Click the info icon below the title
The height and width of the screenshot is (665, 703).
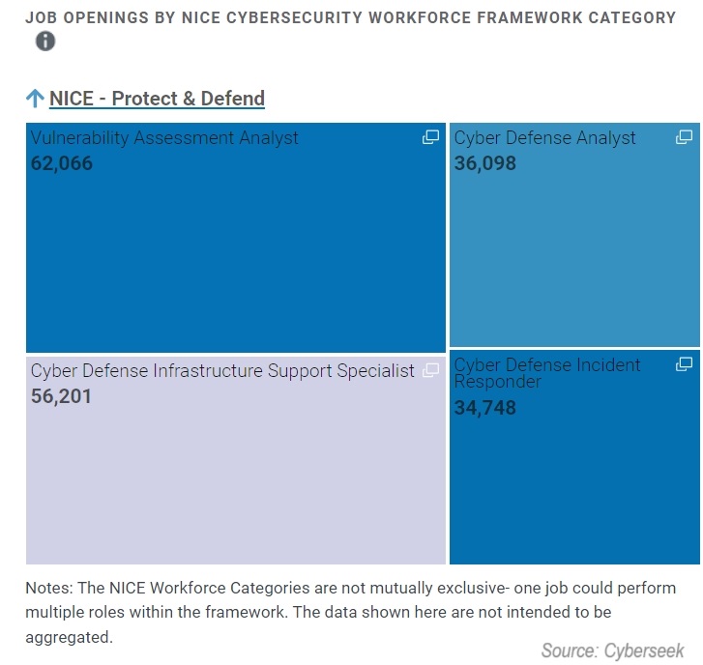[45, 42]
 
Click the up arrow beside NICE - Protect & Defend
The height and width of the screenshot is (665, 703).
[35, 99]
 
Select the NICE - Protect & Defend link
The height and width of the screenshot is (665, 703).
[157, 99]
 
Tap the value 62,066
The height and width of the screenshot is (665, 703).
[62, 163]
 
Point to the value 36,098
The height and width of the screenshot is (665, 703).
[485, 163]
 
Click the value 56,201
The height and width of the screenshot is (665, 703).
[62, 395]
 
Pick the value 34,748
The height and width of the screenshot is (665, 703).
[485, 408]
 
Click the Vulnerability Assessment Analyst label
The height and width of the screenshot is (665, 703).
[164, 138]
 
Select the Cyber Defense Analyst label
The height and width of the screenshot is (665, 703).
[544, 138]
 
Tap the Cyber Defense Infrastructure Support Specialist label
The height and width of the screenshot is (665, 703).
[222, 370]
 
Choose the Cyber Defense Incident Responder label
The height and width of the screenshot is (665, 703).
[546, 373]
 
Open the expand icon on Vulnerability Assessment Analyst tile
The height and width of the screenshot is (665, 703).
[430, 137]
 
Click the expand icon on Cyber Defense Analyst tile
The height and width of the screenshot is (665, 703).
[684, 137]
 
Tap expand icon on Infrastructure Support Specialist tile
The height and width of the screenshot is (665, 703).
[430, 370]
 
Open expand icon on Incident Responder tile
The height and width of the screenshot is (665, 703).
[684, 364]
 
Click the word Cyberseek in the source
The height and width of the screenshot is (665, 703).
[643, 651]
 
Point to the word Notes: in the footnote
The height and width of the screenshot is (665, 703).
[49, 589]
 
